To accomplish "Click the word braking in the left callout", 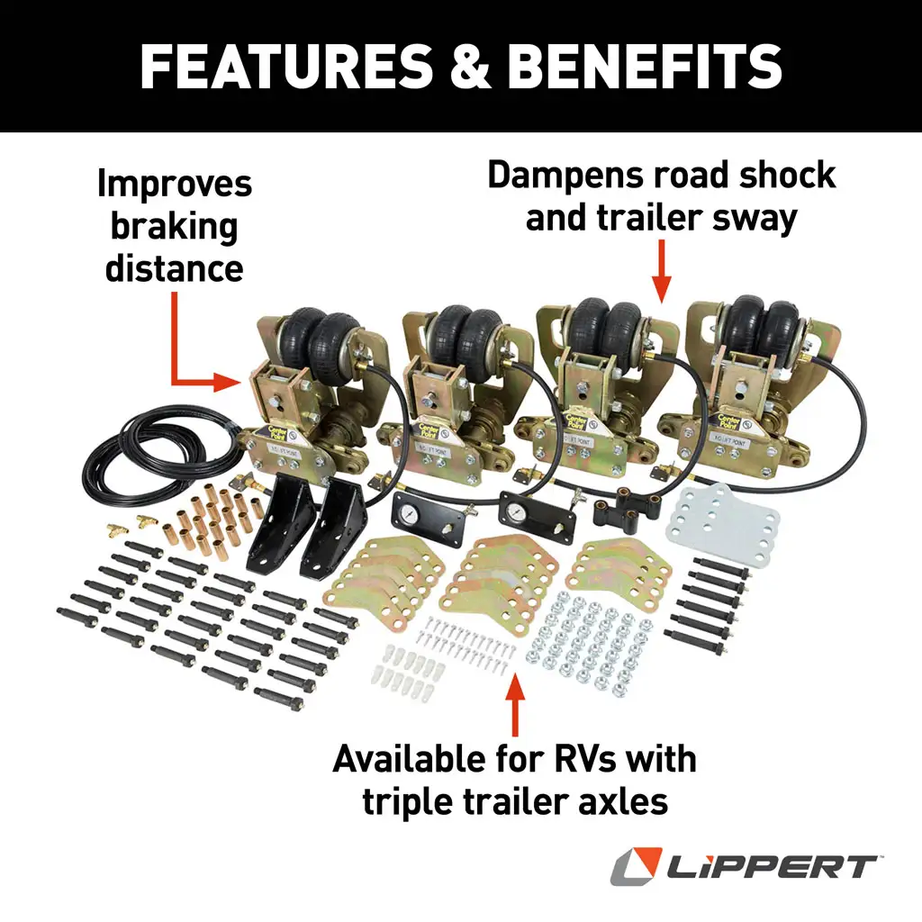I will [x=174, y=227].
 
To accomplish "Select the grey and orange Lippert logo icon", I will [x=636, y=867].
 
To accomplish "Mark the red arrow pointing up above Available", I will [x=515, y=707].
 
